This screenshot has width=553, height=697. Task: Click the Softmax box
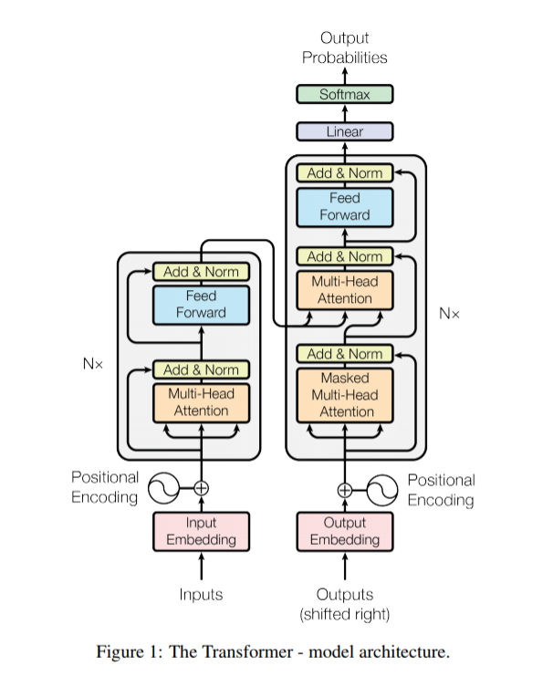pyautogui.click(x=344, y=95)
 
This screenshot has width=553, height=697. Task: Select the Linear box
pyautogui.click(x=344, y=131)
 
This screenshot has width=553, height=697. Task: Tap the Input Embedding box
pyautogui.click(x=201, y=531)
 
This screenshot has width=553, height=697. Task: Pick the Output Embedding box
pyautogui.click(x=345, y=531)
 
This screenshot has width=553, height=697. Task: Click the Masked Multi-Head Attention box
pyautogui.click(x=345, y=394)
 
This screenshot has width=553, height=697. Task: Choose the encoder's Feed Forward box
pyautogui.click(x=201, y=304)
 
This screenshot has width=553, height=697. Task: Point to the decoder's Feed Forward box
pyautogui.click(x=345, y=206)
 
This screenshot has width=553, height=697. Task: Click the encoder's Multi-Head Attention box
pyautogui.click(x=201, y=401)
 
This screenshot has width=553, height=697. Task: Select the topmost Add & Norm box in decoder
pyautogui.click(x=345, y=172)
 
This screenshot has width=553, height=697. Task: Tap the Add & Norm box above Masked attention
pyautogui.click(x=345, y=353)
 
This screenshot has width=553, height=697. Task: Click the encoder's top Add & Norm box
pyautogui.click(x=201, y=271)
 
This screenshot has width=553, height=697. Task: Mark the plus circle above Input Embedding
pyautogui.click(x=201, y=489)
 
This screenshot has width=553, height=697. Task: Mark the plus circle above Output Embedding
pyautogui.click(x=345, y=489)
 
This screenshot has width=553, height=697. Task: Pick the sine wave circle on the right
pyautogui.click(x=381, y=489)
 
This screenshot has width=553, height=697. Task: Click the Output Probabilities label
pyautogui.click(x=344, y=47)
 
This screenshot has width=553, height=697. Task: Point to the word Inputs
pyautogui.click(x=201, y=594)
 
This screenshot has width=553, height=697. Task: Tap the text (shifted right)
pyautogui.click(x=345, y=614)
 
